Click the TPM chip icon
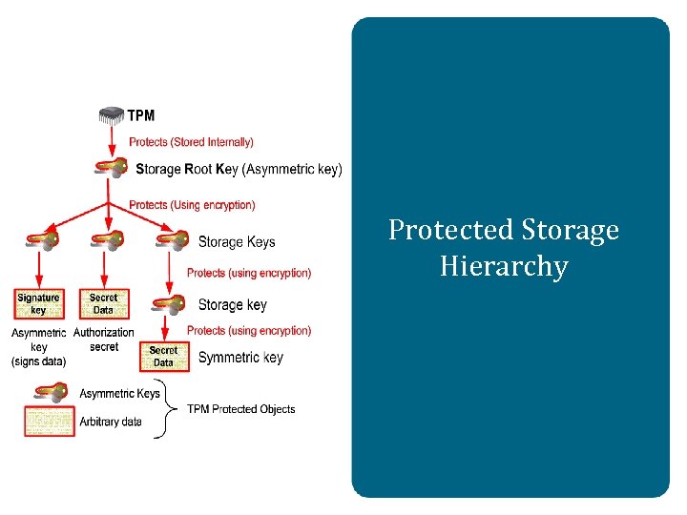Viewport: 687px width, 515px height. click(x=112, y=115)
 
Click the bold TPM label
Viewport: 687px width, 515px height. click(x=141, y=116)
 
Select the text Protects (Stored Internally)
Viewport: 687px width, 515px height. click(x=191, y=142)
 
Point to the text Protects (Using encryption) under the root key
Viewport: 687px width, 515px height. click(x=192, y=205)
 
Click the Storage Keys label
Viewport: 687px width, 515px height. click(x=237, y=241)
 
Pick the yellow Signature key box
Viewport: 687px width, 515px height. click(x=38, y=303)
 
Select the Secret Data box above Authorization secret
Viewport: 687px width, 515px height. click(x=103, y=303)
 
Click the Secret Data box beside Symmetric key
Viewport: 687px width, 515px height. click(x=163, y=357)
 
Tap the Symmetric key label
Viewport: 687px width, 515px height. click(x=240, y=358)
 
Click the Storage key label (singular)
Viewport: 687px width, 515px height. click(x=232, y=305)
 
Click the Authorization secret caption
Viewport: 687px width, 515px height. click(x=104, y=340)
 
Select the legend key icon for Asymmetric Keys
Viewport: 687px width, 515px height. click(x=49, y=393)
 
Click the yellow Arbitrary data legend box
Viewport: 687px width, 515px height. click(x=49, y=421)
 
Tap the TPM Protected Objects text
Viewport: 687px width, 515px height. click(x=240, y=409)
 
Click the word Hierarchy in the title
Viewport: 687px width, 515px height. click(x=504, y=266)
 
